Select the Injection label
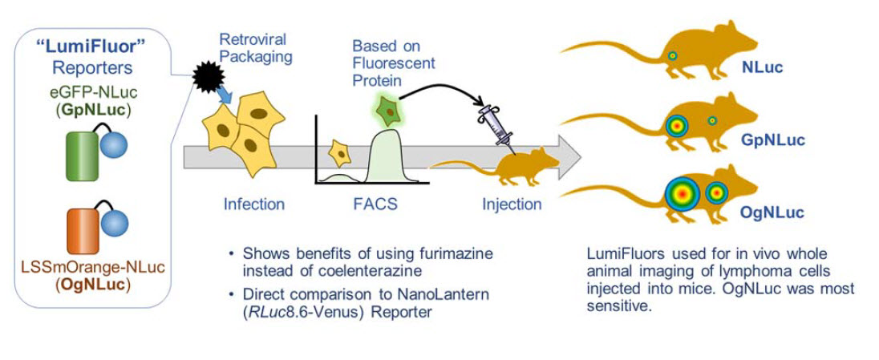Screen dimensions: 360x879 (511, 204)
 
